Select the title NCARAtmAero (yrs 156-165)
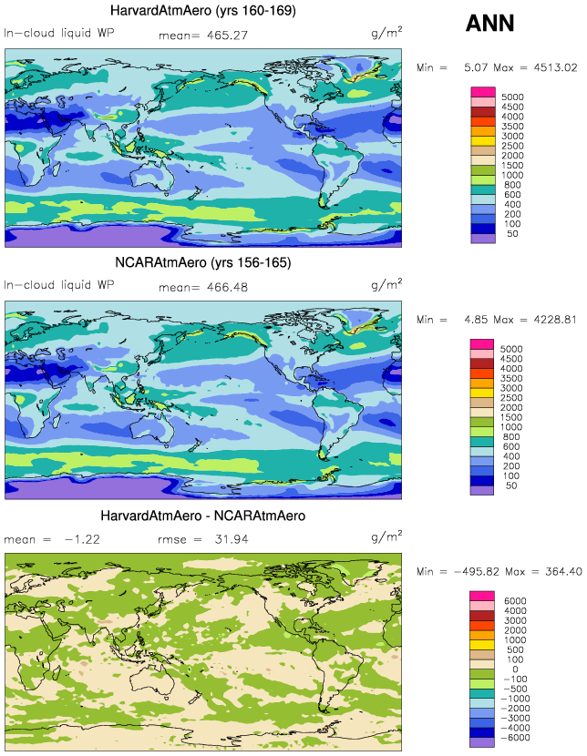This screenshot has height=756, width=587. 202,263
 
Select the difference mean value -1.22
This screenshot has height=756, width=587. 81,539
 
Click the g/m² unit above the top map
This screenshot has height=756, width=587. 386,32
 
